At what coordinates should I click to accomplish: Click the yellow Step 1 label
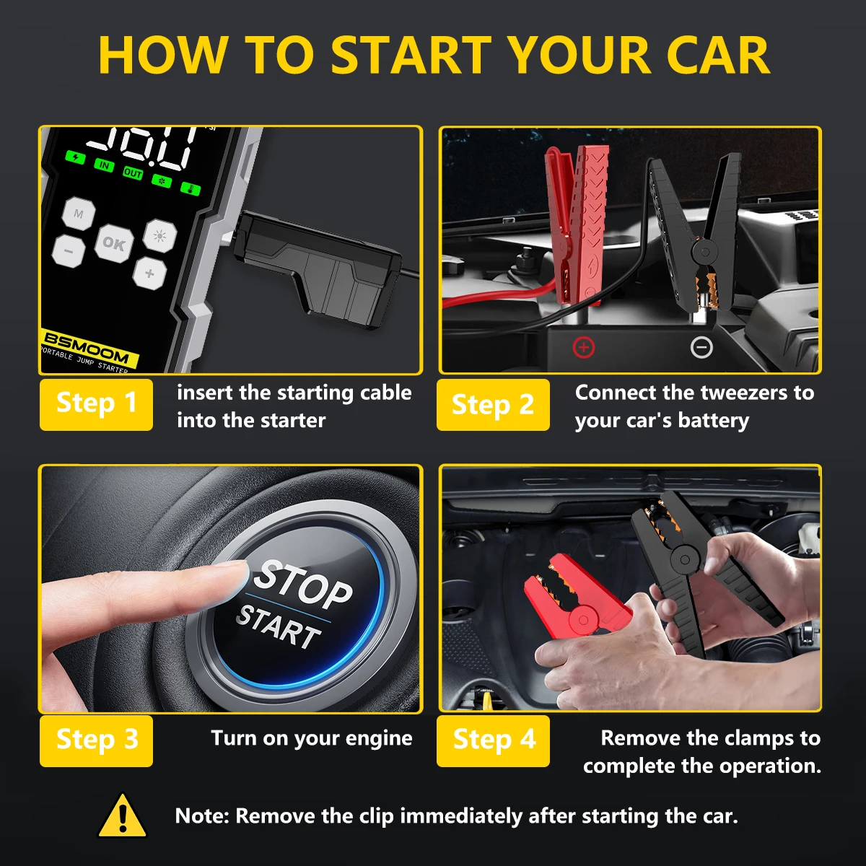tap(96, 404)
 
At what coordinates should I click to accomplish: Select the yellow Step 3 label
tap(96, 740)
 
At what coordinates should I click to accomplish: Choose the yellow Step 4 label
tap(493, 740)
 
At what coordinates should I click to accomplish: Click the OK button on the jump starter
tap(113, 243)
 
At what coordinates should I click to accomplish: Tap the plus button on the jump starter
tap(149, 274)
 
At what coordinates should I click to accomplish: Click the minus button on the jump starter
tap(69, 251)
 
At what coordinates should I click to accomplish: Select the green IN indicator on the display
tap(105, 166)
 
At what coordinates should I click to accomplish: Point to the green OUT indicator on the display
tap(133, 173)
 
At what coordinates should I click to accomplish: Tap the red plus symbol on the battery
tap(583, 348)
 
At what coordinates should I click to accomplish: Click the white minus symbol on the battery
tap(701, 348)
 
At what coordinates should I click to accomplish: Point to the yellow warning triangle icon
tap(123, 816)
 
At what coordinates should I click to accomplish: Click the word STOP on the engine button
tap(303, 583)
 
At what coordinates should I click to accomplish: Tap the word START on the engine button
tap(279, 627)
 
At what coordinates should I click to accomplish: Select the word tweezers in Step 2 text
tap(735, 393)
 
